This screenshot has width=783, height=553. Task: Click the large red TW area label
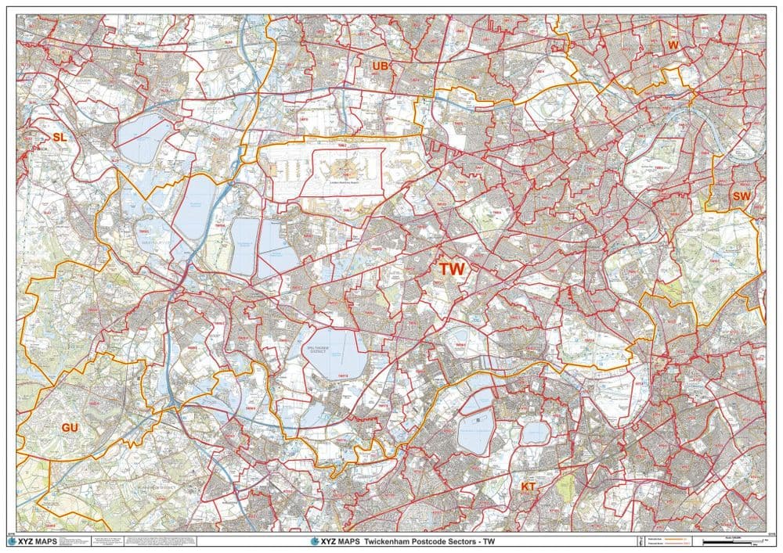(x=452, y=268)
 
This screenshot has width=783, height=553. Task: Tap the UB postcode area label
(x=381, y=66)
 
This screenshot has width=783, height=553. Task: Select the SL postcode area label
(x=60, y=138)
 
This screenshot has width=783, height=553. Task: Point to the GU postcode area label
(x=70, y=427)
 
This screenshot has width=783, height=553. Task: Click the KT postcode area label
(x=529, y=487)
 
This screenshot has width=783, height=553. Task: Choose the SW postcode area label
(x=740, y=196)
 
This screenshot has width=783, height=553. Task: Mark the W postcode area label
(x=672, y=46)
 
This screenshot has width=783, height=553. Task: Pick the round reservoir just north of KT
(x=536, y=432)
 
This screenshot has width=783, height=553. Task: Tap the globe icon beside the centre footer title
(x=316, y=540)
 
